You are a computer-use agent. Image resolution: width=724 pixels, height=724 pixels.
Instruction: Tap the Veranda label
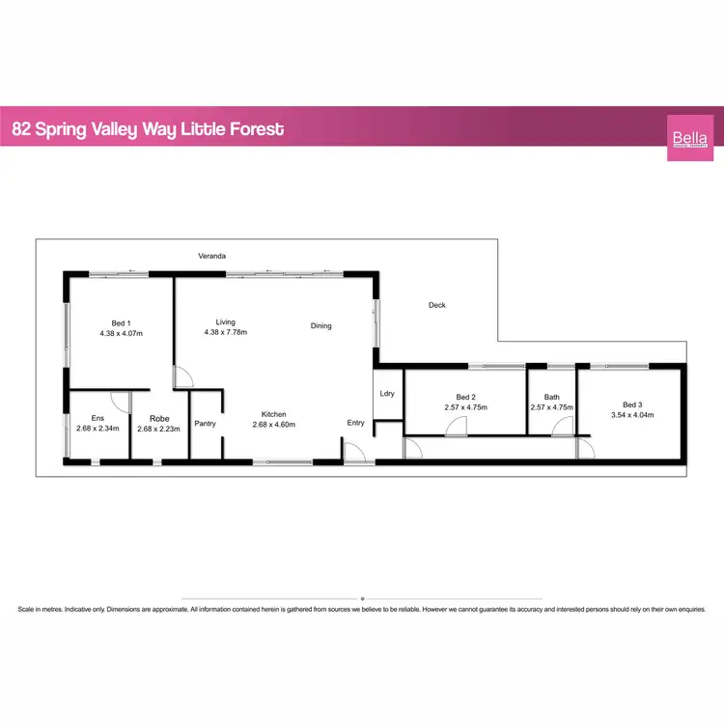(211, 256)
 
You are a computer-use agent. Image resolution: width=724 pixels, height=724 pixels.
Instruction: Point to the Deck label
(436, 305)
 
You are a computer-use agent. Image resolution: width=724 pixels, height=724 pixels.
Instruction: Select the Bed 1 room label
(121, 322)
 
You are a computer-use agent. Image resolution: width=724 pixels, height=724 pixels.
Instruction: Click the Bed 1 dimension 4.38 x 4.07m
(121, 333)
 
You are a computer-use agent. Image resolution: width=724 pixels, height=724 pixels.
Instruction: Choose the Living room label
(225, 322)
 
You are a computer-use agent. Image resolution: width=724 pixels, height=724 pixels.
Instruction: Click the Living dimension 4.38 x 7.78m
(225, 333)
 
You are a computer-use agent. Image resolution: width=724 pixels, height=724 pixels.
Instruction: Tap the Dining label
(320, 326)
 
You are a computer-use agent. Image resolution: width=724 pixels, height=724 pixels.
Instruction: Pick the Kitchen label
(273, 413)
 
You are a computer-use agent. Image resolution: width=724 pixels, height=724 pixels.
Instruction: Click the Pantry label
(204, 423)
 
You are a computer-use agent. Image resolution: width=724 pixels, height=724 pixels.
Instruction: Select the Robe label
(159, 419)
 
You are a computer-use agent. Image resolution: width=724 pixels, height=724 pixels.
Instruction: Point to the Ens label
(97, 419)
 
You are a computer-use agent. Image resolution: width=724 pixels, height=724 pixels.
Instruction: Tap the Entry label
(356, 423)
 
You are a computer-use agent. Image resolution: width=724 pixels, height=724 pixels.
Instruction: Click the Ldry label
(387, 393)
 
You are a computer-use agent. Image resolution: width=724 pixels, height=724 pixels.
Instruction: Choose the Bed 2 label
(465, 397)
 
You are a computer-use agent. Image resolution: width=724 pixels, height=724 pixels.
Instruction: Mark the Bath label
(551, 397)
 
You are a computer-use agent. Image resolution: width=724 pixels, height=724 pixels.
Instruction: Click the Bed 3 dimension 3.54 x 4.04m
(631, 415)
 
